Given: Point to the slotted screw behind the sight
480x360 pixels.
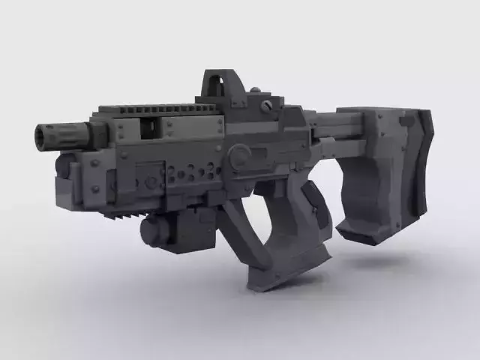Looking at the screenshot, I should pos(265,106).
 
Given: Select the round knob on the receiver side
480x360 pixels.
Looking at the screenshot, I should pos(241,156).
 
